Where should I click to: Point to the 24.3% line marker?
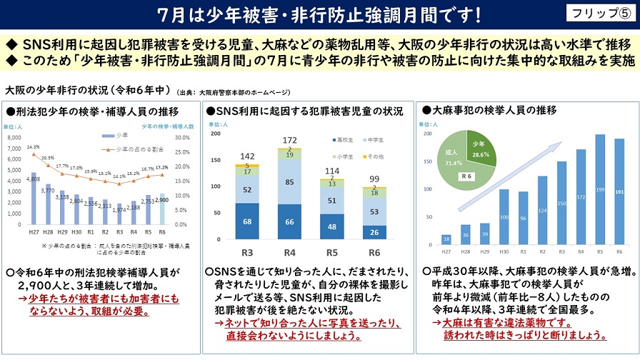click(34, 153)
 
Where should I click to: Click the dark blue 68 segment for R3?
click(246, 222)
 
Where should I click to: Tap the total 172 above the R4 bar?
click(289, 140)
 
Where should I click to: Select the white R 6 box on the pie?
click(468, 175)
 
